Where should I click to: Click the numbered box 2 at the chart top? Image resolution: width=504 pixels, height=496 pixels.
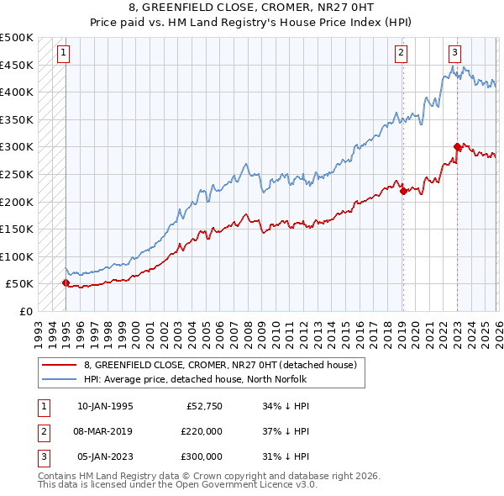coord(402,52)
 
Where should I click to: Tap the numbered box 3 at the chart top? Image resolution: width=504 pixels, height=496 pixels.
coord(454,52)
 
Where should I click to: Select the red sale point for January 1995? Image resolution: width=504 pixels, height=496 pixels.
coord(66,283)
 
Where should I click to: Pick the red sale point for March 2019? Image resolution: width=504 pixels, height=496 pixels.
coord(403,191)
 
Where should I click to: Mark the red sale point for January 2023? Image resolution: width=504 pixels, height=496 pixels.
coord(457,147)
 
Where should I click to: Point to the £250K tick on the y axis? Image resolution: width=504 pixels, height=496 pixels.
coord(17,174)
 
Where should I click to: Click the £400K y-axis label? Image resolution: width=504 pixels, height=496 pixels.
coord(17,92)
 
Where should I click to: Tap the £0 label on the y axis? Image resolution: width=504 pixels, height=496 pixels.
coord(24,311)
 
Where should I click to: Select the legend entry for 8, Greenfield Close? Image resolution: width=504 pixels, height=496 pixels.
coord(220,365)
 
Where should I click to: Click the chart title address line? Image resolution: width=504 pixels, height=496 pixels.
coord(252,9)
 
